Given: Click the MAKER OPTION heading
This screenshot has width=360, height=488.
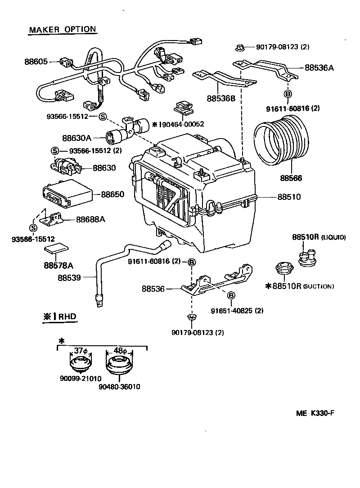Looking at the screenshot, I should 63,30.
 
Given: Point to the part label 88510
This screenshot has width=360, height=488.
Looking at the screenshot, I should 289,197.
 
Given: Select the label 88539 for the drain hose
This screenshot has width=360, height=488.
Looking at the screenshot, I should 69,278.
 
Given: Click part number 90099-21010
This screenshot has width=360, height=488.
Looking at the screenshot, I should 81,378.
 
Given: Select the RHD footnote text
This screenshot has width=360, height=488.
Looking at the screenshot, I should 60,316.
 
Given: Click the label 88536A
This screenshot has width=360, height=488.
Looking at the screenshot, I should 319,68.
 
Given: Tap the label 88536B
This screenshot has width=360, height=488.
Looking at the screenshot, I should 221,98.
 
